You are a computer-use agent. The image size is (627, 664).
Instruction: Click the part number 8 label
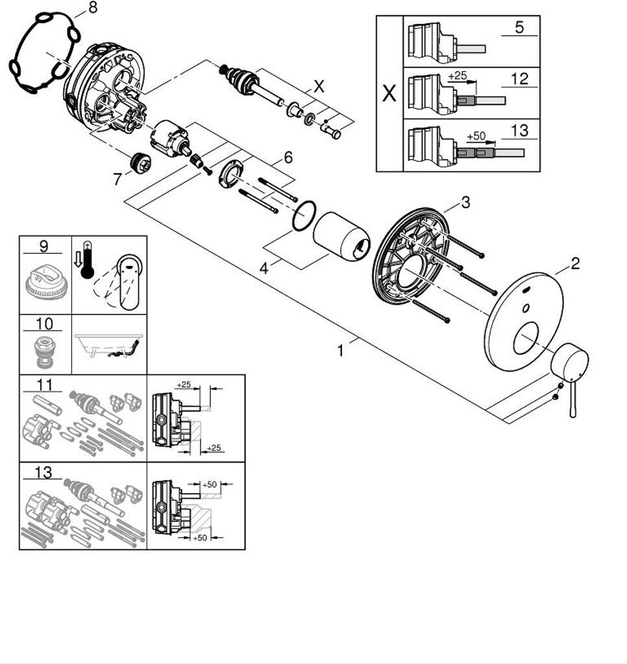point(93,8)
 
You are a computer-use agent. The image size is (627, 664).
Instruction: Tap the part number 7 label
point(117,179)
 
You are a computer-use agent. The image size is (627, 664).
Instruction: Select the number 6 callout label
point(287,157)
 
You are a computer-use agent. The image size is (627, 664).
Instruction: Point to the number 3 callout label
point(465,202)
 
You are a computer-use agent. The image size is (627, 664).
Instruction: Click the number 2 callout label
point(574,263)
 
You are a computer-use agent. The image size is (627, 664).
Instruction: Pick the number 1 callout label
point(340,351)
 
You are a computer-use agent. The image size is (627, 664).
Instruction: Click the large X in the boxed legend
point(389,94)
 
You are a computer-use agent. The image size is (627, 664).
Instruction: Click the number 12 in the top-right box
point(519,79)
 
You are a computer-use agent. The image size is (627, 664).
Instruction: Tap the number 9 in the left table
point(43,246)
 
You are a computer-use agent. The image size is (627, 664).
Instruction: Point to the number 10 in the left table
point(44,324)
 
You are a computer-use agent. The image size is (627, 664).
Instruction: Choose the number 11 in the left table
point(44,383)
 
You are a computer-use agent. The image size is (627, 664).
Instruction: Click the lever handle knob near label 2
point(569,365)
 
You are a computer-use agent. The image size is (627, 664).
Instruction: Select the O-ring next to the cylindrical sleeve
point(304,216)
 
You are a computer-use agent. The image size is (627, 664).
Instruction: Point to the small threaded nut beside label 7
point(139,163)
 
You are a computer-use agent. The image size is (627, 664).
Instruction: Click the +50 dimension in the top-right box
point(476,137)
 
